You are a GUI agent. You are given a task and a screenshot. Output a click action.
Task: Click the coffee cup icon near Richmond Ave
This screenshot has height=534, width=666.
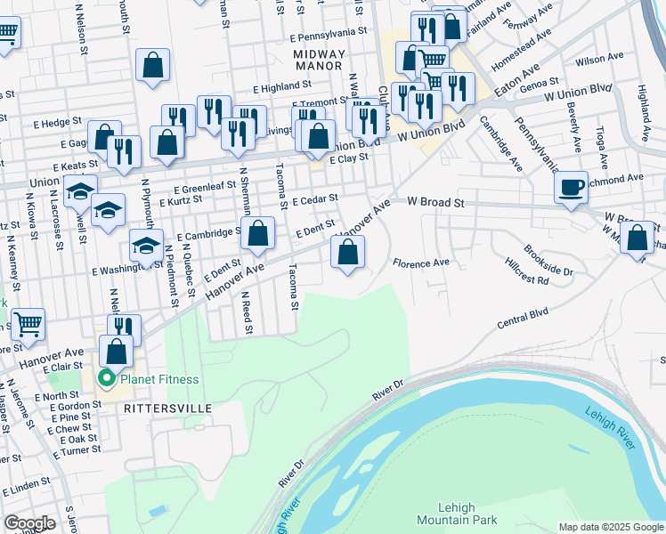(571, 188)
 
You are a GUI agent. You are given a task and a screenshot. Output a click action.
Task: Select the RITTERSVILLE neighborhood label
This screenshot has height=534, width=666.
(167, 408)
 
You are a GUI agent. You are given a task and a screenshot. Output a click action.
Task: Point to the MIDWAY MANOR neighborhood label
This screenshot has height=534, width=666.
(318, 60)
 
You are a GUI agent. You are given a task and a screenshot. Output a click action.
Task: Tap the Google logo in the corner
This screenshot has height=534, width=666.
(30, 523)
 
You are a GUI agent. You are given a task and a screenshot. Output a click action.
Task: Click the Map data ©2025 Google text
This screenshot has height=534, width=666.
(610, 527)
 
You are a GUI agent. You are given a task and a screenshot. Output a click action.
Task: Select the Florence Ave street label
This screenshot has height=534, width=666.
(421, 263)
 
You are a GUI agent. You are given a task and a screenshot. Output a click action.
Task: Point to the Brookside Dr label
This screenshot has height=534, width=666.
(548, 259)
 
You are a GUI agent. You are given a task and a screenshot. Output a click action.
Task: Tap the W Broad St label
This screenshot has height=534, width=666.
(436, 203)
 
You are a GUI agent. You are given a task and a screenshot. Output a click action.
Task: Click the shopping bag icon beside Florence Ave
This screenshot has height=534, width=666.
(348, 252)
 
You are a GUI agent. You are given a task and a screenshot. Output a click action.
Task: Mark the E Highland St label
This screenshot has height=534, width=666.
(280, 86)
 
